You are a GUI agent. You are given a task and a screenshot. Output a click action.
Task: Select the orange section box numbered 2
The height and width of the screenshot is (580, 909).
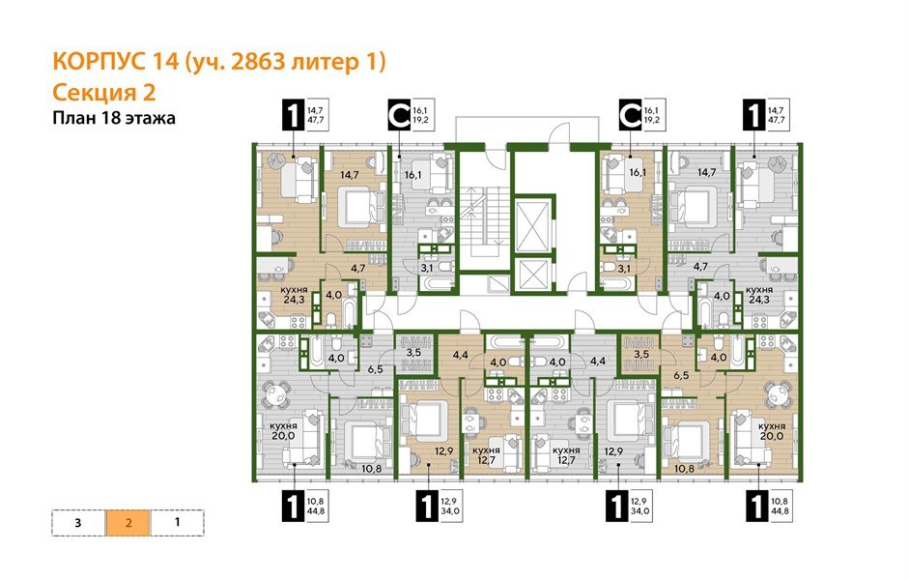[128, 523]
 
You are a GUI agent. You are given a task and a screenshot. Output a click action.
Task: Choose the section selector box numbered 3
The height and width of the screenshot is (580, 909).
[77, 523]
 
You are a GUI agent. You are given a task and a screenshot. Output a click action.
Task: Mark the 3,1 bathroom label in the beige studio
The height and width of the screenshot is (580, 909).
[622, 268]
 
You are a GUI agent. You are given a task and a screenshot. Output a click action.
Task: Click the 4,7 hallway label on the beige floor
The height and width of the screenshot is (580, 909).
[357, 268]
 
